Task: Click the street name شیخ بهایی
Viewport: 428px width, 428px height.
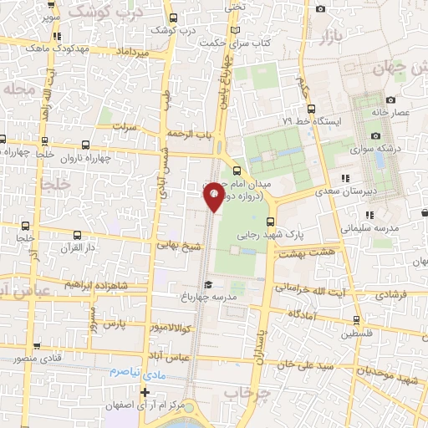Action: click(x=181, y=245)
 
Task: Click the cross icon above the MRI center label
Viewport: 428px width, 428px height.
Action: click(x=146, y=391)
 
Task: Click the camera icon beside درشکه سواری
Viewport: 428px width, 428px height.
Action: click(x=375, y=136)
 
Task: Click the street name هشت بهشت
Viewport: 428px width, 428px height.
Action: click(x=308, y=251)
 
